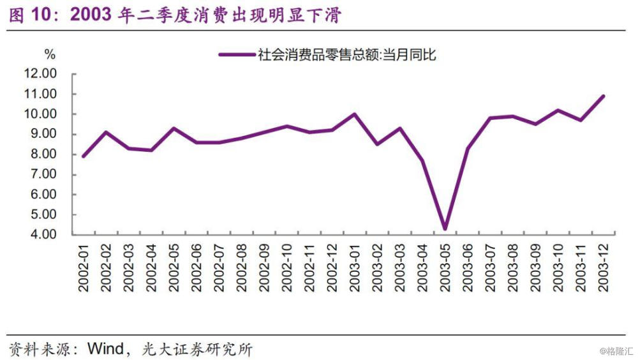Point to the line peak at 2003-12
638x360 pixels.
[603, 96]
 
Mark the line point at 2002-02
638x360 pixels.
[106, 132]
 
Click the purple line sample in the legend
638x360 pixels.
[236, 56]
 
